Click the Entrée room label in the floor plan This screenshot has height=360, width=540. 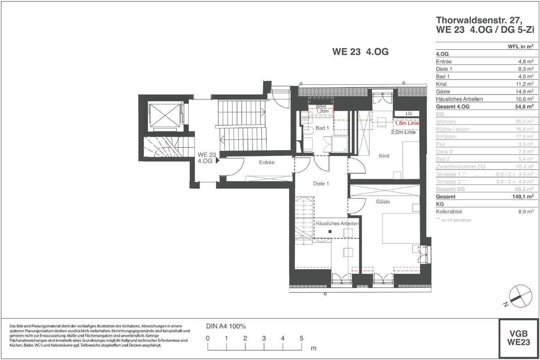pyautogui.click(x=267, y=162)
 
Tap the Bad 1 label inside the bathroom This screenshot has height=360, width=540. pyautogui.click(x=322, y=128)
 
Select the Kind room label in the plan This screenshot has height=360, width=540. pyautogui.click(x=384, y=156)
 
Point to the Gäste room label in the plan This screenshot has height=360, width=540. pyautogui.click(x=383, y=202)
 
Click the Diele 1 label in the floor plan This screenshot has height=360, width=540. pyautogui.click(x=321, y=184)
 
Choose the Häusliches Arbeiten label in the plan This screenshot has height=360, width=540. pyautogui.click(x=337, y=223)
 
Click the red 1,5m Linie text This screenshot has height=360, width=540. pyautogui.click(x=406, y=123)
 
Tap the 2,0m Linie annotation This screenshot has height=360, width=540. pyautogui.click(x=403, y=132)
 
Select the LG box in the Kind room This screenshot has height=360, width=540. pyautogui.click(x=408, y=114)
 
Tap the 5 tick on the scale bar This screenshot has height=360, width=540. pyautogui.click(x=301, y=338)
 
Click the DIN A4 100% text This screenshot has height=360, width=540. pyautogui.click(x=226, y=326)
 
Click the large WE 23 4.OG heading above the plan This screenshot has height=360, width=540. pyautogui.click(x=360, y=52)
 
